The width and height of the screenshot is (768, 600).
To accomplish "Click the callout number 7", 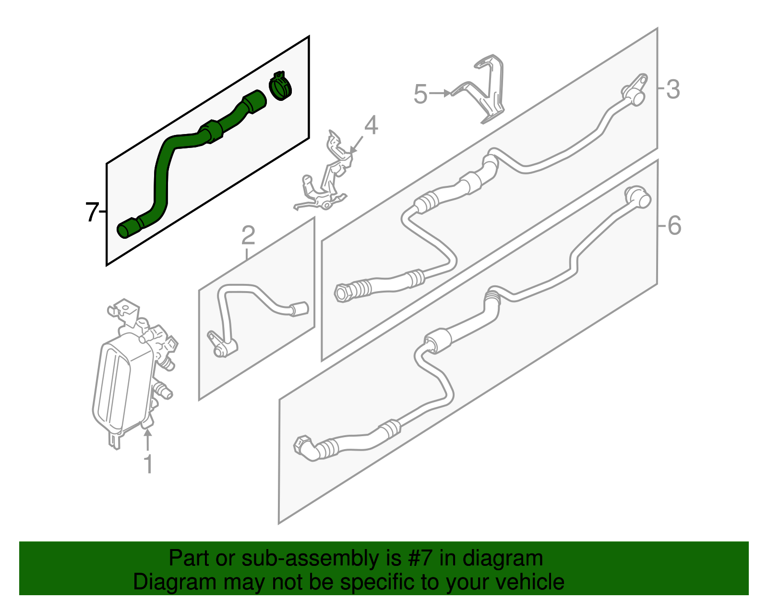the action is (92, 212).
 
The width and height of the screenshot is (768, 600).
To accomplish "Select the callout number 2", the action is (248, 235).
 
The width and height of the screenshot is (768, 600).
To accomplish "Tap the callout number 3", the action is (673, 89).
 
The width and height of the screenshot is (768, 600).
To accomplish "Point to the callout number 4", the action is (371, 125).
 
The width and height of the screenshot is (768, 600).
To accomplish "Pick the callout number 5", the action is (420, 94).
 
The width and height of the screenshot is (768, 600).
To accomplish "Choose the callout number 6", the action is (674, 225).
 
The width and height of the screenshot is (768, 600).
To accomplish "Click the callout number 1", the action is (149, 464).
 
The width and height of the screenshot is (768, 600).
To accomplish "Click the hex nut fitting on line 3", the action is (342, 293).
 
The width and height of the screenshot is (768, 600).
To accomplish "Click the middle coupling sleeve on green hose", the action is (211, 132).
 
